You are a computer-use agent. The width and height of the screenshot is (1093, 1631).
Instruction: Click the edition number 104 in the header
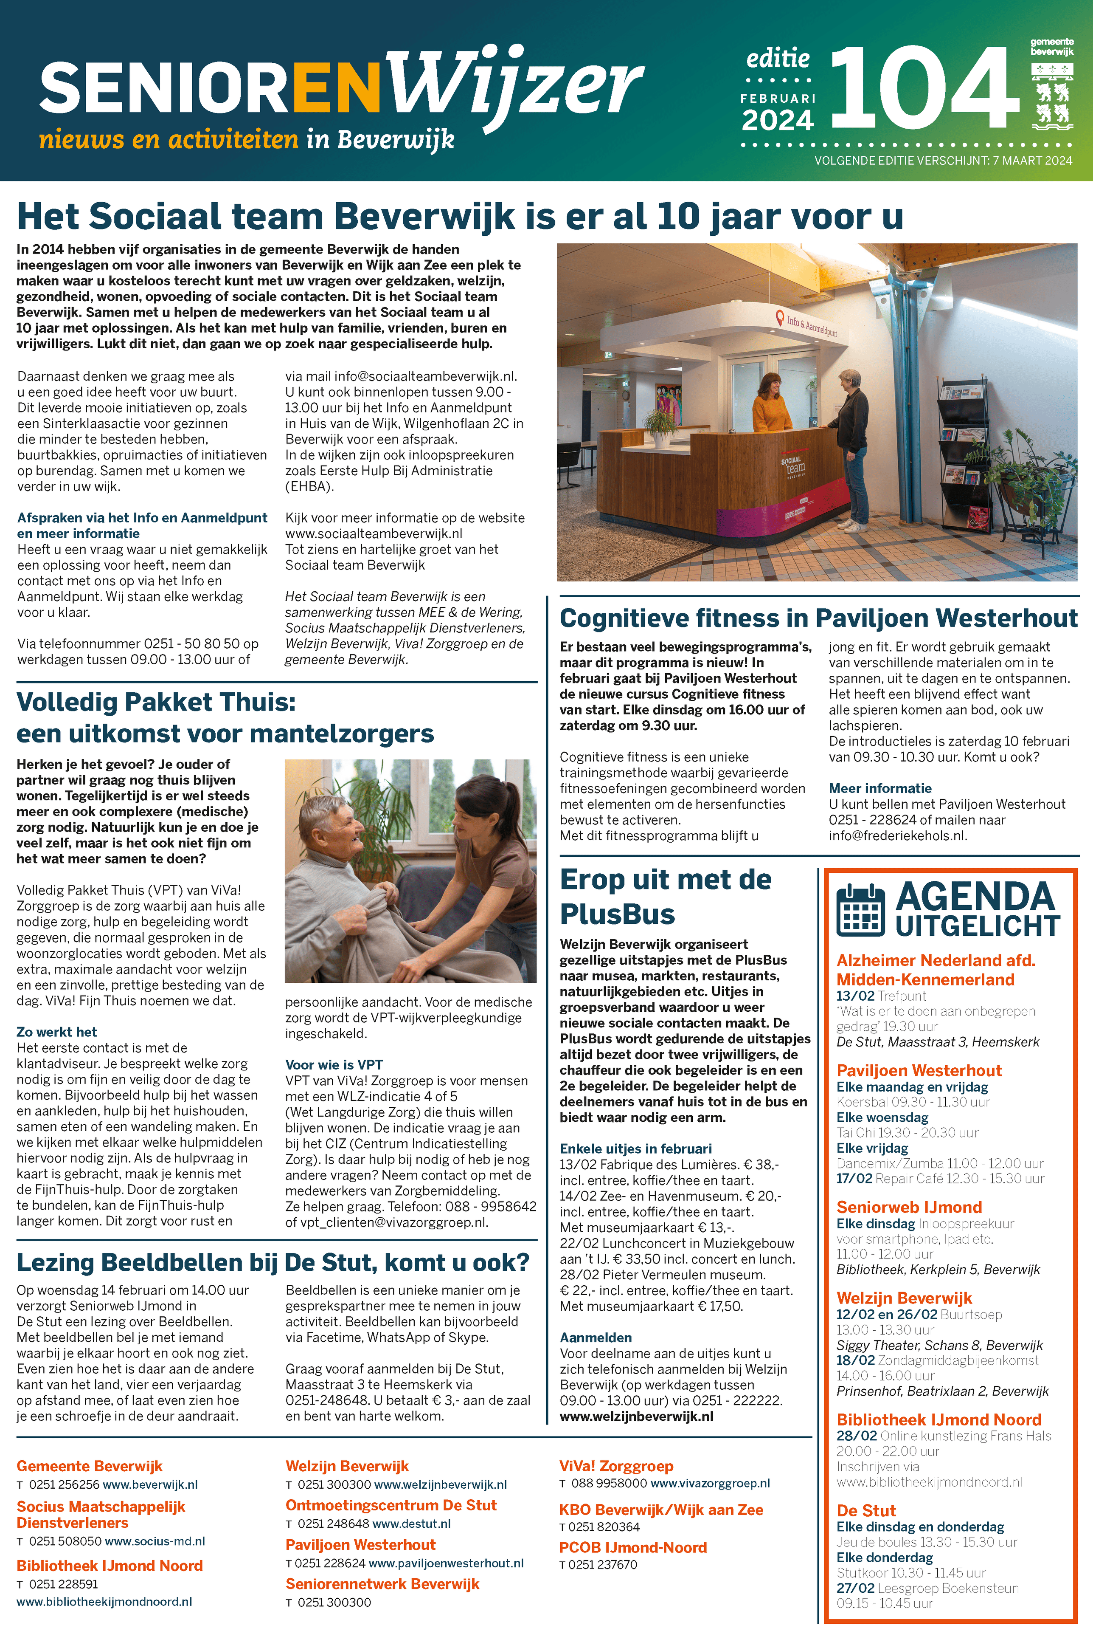(924, 88)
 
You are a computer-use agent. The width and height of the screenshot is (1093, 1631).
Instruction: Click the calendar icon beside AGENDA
(860, 909)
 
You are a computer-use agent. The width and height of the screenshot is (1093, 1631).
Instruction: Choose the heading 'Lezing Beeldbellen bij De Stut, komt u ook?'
(273, 1262)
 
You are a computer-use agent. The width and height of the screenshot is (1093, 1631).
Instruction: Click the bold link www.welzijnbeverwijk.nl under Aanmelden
(636, 1416)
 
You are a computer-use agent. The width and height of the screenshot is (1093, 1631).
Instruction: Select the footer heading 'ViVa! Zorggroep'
(616, 1466)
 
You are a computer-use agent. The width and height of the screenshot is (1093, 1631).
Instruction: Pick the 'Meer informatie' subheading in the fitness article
(879, 788)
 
